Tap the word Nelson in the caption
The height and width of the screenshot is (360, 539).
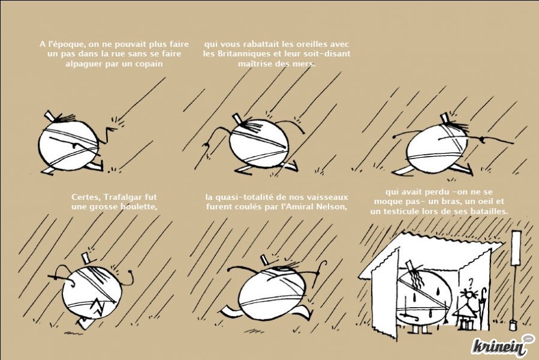pyautogui.click(x=333, y=207)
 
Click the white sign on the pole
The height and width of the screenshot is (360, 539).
pyautogui.click(x=516, y=248)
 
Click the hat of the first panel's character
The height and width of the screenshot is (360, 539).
pyautogui.click(x=50, y=116)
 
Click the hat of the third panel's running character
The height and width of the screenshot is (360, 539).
pyautogui.click(x=445, y=118)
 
